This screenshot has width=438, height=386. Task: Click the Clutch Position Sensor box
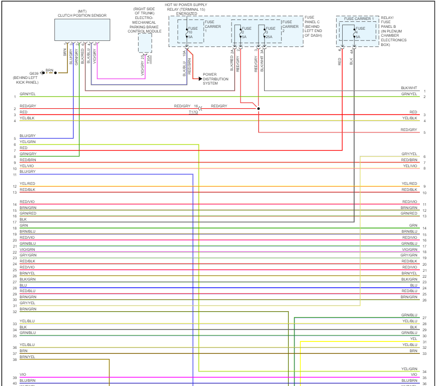pos(82,30)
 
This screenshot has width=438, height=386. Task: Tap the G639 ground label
pos(34,73)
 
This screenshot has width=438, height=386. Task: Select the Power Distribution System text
pos(215,79)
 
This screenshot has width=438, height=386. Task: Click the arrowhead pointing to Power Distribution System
pos(200,79)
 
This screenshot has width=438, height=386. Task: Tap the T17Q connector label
pos(193,112)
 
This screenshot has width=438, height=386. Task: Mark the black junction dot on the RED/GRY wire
pos(259,109)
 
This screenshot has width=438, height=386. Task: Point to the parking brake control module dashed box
pos(145,43)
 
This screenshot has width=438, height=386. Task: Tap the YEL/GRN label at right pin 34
pos(410,369)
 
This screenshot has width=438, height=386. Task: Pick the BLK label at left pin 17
pos(23,219)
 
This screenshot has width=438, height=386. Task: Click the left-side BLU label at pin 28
pos(23,285)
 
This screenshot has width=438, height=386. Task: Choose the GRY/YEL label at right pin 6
pos(409,154)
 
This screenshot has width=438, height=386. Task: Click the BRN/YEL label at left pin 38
pos(27,357)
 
